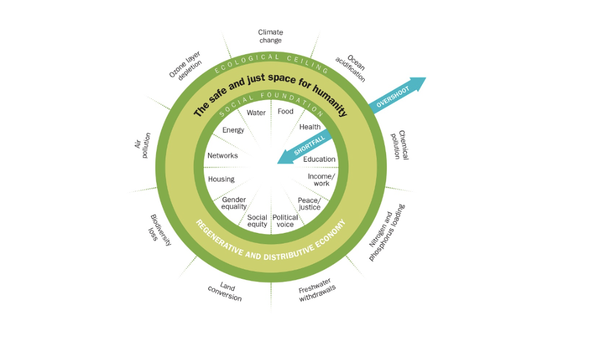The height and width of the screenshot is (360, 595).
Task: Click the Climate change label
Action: (x=270, y=37)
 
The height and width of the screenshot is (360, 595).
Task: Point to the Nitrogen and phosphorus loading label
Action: (x=387, y=233)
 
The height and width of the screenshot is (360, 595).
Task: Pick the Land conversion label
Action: (x=225, y=292)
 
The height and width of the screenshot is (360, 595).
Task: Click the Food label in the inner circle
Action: (x=286, y=112)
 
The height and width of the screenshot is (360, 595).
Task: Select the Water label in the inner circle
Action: (x=256, y=113)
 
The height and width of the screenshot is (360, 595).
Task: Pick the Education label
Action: (x=320, y=159)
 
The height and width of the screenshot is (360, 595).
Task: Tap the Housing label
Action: (x=221, y=179)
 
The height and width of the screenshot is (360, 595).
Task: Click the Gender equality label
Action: (x=234, y=203)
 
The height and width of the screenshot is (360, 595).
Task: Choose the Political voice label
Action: (x=285, y=221)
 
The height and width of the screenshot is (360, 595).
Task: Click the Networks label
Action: (x=223, y=155)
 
